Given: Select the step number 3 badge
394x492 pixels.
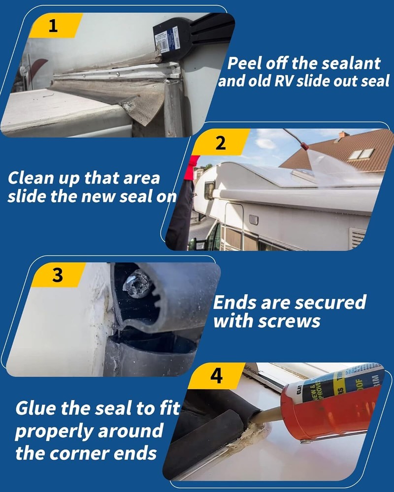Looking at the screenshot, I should tap(58, 275).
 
